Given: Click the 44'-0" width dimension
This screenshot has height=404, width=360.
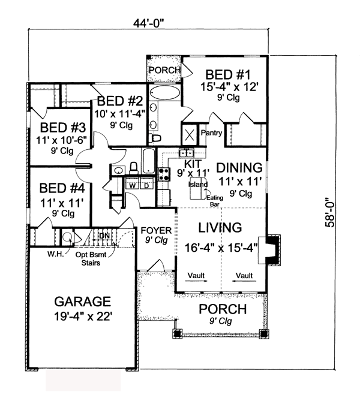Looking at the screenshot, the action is (x=149, y=24).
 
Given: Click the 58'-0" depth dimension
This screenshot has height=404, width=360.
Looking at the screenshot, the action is (x=330, y=212).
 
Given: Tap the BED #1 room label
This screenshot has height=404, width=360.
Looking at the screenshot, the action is (x=228, y=75).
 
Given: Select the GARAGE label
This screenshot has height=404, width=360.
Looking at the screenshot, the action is (x=83, y=302).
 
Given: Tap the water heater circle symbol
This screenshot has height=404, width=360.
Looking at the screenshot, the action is (x=68, y=237).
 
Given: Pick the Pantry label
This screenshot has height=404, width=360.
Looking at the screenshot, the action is (x=211, y=133).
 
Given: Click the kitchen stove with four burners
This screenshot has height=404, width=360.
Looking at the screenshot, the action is (x=164, y=174).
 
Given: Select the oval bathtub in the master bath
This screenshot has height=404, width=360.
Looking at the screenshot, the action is (x=164, y=93).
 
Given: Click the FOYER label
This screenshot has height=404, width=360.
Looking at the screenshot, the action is (x=156, y=230).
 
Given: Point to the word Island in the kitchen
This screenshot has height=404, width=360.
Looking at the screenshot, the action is (x=198, y=185).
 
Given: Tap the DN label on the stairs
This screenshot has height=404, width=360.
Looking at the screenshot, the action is (x=104, y=236).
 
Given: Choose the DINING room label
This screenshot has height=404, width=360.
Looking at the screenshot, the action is (x=239, y=168).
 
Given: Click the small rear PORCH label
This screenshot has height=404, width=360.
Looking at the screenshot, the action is (x=164, y=70).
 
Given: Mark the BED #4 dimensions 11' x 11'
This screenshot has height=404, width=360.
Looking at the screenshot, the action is (x=62, y=203).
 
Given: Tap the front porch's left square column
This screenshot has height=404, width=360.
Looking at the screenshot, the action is (x=177, y=333).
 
